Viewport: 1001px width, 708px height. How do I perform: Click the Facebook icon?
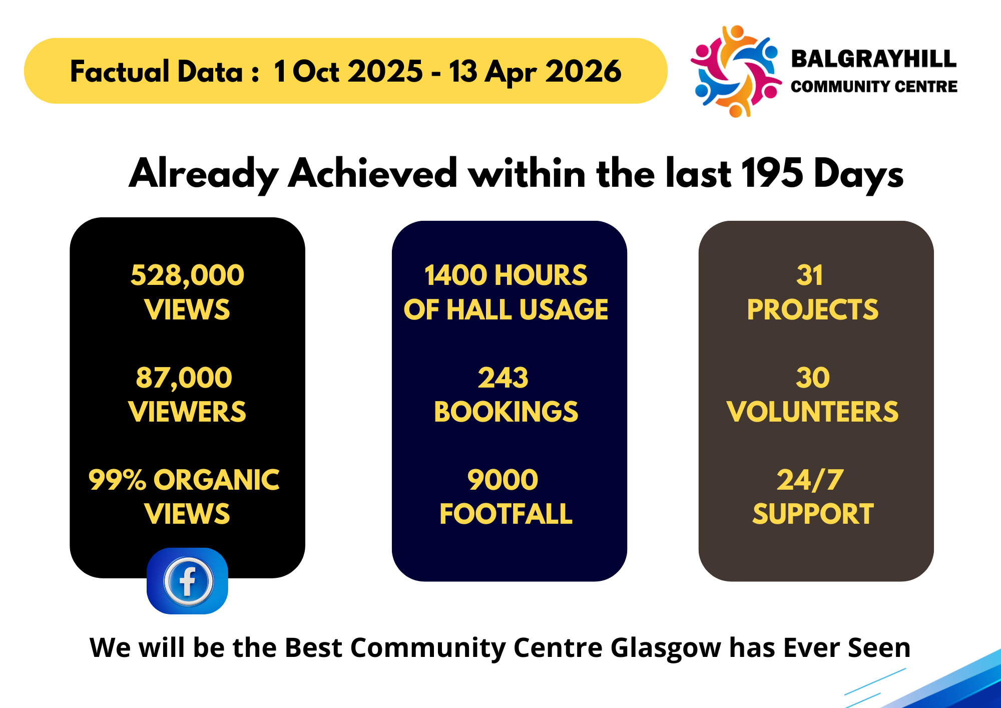187,581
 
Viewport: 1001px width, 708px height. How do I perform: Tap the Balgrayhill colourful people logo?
736,71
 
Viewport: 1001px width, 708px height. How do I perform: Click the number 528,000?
187,275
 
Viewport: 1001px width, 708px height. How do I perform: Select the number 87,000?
184,378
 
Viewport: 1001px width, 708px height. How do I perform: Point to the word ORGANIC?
216,480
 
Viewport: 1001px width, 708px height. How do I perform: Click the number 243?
503,378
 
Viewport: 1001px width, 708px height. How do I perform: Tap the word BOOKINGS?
506,412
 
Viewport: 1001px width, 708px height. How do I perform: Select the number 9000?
503,480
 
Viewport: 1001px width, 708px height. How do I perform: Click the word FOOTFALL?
506,514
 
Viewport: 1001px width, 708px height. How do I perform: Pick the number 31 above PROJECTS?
809,275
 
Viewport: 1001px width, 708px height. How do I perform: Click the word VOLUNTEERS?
813,412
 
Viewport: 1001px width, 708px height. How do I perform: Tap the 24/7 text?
810,480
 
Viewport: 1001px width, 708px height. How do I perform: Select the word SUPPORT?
813,514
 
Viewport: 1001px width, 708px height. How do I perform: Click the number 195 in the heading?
772,173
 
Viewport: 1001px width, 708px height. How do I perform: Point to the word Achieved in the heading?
373,173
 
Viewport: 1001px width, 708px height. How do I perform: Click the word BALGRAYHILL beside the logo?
874,59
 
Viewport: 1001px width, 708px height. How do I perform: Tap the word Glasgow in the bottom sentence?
666,648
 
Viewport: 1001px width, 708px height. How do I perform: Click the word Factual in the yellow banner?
120,71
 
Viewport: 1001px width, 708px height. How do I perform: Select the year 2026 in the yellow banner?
584,71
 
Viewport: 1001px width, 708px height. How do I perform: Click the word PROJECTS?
813,309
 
